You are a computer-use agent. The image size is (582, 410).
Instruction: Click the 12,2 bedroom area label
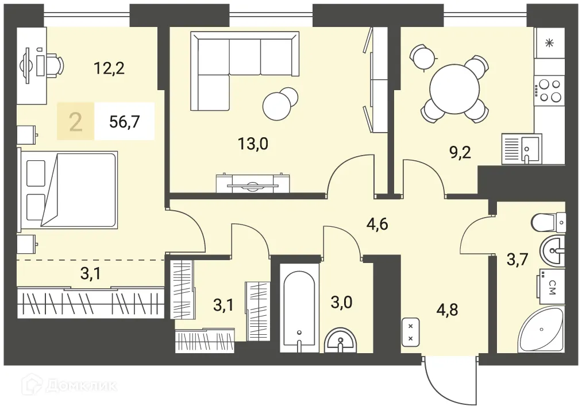click(109, 68)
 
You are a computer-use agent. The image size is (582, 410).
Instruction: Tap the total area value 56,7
click(125, 121)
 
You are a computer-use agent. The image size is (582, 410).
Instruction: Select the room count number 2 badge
click(76, 122)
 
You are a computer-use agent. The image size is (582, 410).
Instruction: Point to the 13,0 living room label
click(253, 143)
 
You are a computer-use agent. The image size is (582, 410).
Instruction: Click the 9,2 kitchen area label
click(460, 152)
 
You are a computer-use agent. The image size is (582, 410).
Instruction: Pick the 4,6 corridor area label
click(377, 224)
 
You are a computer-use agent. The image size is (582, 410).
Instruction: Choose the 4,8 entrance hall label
click(447, 309)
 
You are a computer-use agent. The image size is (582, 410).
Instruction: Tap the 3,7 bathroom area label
click(518, 259)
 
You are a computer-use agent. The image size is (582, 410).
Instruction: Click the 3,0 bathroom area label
click(341, 302)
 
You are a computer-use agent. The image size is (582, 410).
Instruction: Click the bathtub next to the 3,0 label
click(299, 308)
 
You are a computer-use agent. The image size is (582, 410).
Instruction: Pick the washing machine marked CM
click(550, 284)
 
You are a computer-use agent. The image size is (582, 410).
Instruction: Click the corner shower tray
click(542, 328)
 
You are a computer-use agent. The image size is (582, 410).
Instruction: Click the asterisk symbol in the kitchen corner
click(549, 44)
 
